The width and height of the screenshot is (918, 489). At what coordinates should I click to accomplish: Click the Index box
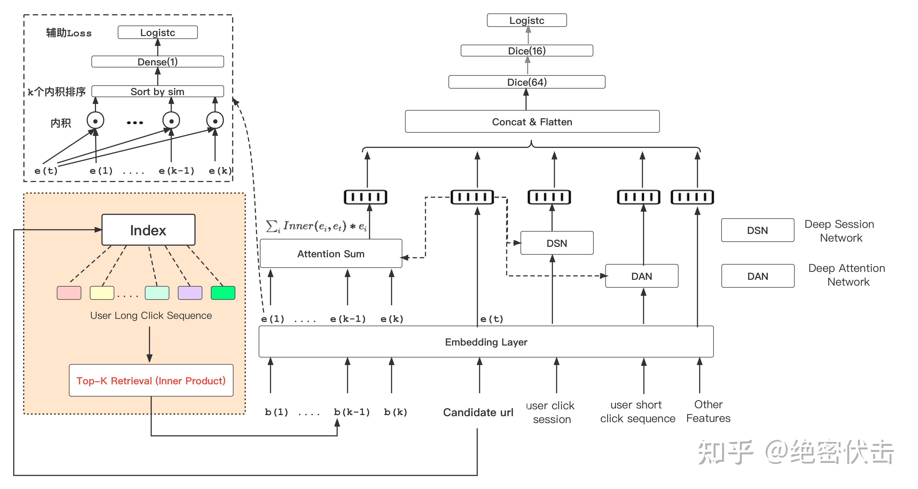tap(148, 230)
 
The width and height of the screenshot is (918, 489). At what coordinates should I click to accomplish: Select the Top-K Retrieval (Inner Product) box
tap(151, 380)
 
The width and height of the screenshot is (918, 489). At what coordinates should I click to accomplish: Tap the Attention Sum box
tap(331, 254)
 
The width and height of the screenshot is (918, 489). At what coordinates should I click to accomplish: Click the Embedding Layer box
tap(486, 342)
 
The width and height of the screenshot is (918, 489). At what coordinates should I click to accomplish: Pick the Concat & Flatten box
tap(532, 122)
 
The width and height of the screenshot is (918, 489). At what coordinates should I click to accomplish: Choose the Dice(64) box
tap(527, 82)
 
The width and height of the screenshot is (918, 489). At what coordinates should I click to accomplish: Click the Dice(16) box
tap(527, 51)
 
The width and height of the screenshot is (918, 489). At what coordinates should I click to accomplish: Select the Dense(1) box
tap(158, 62)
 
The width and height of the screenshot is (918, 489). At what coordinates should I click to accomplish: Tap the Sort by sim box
tap(158, 92)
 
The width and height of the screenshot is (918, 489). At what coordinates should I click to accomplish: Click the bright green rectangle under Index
tap(223, 293)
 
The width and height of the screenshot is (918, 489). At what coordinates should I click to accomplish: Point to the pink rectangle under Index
tap(69, 293)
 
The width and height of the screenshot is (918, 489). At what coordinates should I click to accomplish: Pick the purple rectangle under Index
tap(190, 293)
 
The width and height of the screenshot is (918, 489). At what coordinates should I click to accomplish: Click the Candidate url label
tap(478, 412)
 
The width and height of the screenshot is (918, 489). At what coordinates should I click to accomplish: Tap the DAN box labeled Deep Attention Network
tap(758, 276)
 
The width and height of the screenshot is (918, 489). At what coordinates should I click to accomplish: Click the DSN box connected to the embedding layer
tap(557, 243)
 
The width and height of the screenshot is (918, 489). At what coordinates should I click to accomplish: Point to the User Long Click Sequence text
tap(151, 316)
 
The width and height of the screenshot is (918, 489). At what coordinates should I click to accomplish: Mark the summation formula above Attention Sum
tap(316, 226)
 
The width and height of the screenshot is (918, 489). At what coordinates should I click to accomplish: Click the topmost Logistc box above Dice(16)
tap(527, 20)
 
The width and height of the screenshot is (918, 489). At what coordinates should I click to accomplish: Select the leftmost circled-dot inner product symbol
tap(95, 121)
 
